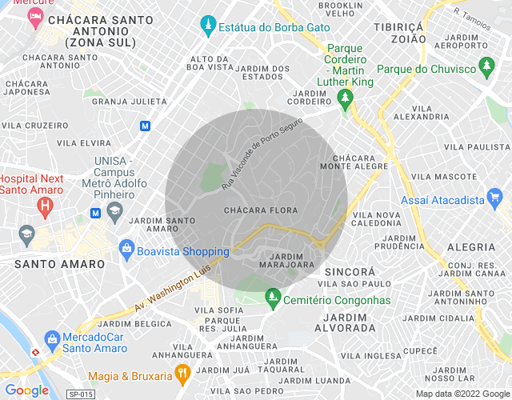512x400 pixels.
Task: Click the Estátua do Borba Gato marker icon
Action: coord(209,26)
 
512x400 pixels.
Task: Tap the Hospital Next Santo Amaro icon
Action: coord(46,206)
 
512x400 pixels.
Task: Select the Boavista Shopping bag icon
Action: coord(126,250)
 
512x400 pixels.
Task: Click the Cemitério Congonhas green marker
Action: coord(273,298)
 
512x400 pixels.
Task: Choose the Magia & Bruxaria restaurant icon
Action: coord(183,373)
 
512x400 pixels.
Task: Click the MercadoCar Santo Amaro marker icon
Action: coord(52,339)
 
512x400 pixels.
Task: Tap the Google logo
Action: coord(26,390)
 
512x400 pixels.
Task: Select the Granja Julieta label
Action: coord(130,102)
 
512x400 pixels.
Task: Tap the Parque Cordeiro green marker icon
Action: coord(345,100)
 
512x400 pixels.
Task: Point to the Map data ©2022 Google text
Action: coord(462,394)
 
